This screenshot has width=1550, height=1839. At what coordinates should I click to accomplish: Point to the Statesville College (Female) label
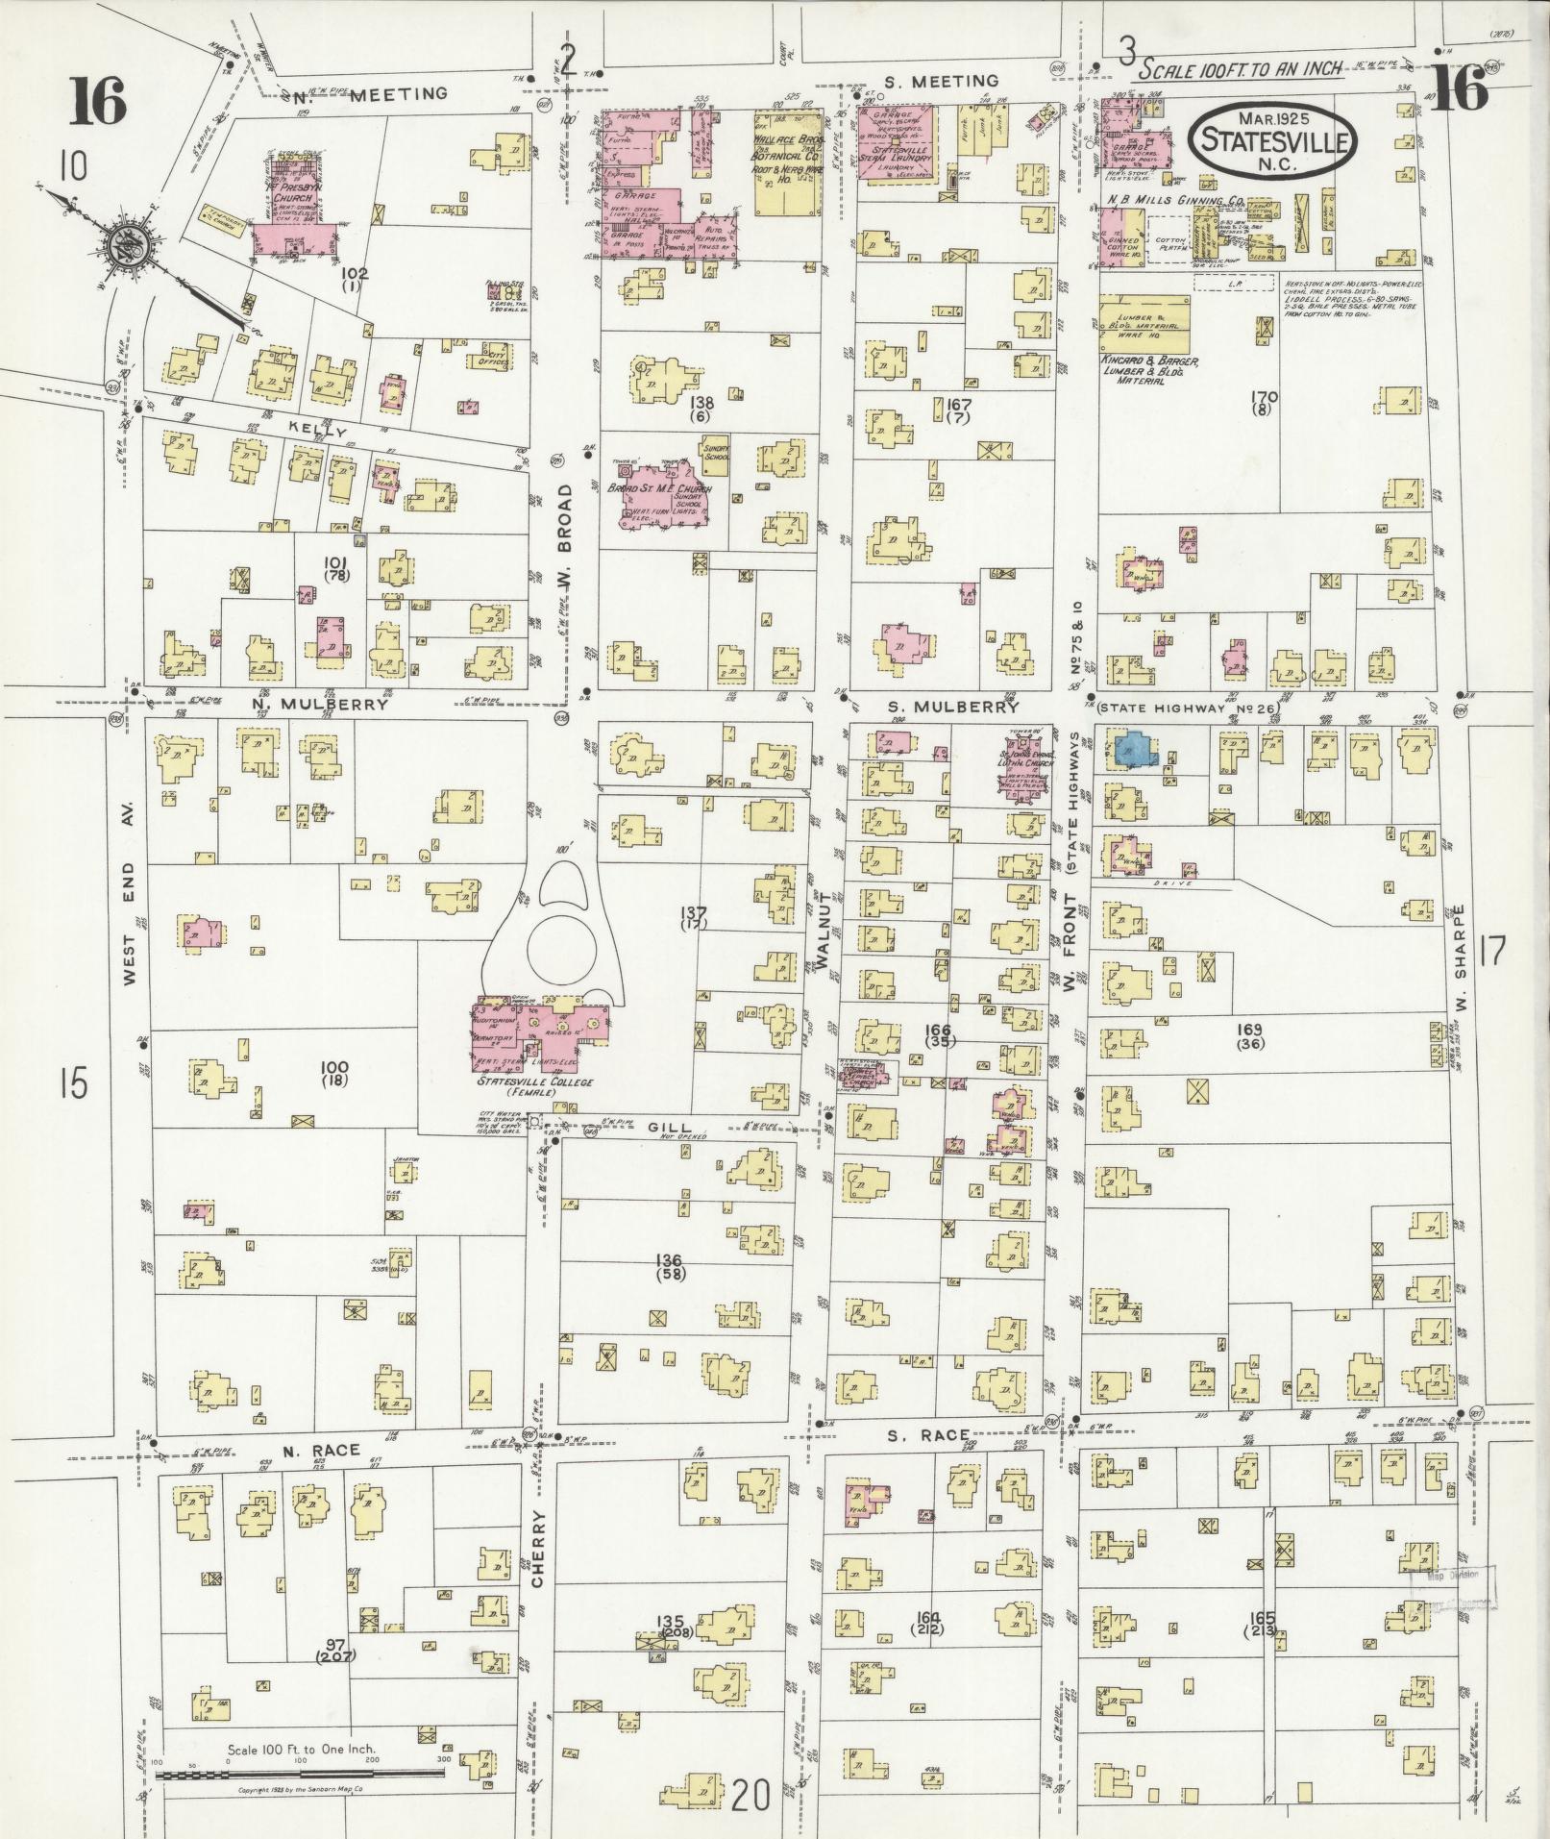534,1086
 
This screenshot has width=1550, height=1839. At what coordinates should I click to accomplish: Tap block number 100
334,1072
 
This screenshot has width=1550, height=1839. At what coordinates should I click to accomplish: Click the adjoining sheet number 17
1491,952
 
